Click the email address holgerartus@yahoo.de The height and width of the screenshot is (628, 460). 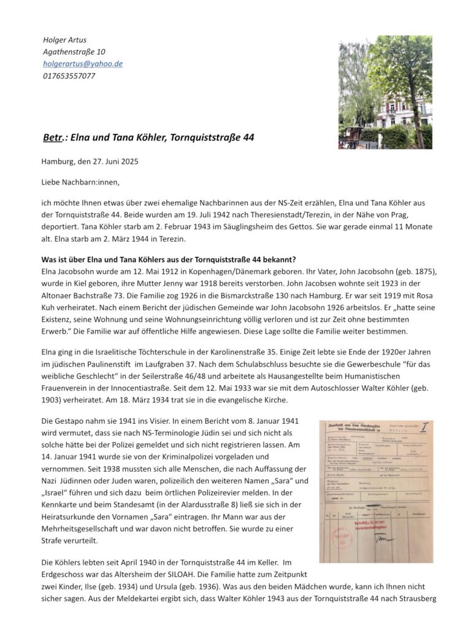[x=83, y=64]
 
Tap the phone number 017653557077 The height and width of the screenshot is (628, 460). [x=69, y=76]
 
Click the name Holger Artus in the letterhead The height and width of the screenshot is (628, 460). [x=61, y=40]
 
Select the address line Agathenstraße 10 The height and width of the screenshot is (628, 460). [x=74, y=52]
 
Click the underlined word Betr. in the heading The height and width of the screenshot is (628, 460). [x=55, y=138]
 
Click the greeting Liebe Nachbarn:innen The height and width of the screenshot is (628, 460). [x=81, y=182]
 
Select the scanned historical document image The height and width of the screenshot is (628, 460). [x=376, y=491]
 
